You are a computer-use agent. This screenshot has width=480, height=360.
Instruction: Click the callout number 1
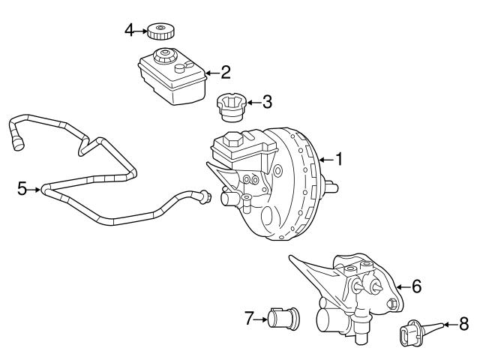click(x=339, y=159)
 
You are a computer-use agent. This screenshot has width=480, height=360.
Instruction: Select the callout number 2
click(x=225, y=73)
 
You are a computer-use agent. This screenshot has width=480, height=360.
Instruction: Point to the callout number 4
click(x=129, y=30)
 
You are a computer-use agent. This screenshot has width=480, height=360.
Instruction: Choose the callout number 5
click(x=22, y=189)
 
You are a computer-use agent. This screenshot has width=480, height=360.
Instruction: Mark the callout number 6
click(x=417, y=286)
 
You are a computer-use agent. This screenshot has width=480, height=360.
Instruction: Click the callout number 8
click(x=463, y=325)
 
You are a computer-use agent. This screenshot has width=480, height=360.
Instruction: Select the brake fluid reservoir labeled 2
click(x=170, y=75)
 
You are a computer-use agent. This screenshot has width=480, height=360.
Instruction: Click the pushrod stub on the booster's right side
click(x=331, y=186)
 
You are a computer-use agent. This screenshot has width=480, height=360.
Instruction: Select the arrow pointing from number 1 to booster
click(x=325, y=159)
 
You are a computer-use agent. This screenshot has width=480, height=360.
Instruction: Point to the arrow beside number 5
click(x=34, y=189)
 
